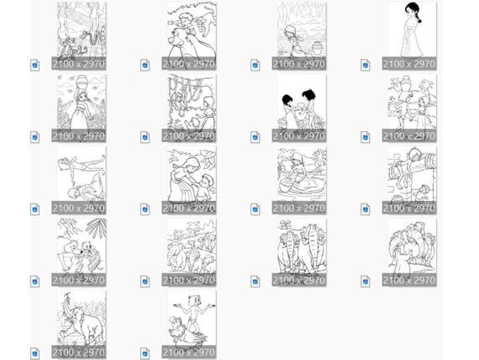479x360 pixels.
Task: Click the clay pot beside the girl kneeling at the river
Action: click(x=318, y=48)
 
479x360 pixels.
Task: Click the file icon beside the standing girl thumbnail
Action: click(x=365, y=65)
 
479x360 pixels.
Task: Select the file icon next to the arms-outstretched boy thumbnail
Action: click(x=145, y=353)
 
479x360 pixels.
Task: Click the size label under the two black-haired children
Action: click(x=299, y=135)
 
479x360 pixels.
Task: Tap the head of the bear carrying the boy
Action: click(x=180, y=37)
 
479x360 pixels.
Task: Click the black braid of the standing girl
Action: click(x=417, y=16)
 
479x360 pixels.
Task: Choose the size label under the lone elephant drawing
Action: click(x=79, y=352)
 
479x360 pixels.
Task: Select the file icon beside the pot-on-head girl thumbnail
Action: click(x=34, y=137)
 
